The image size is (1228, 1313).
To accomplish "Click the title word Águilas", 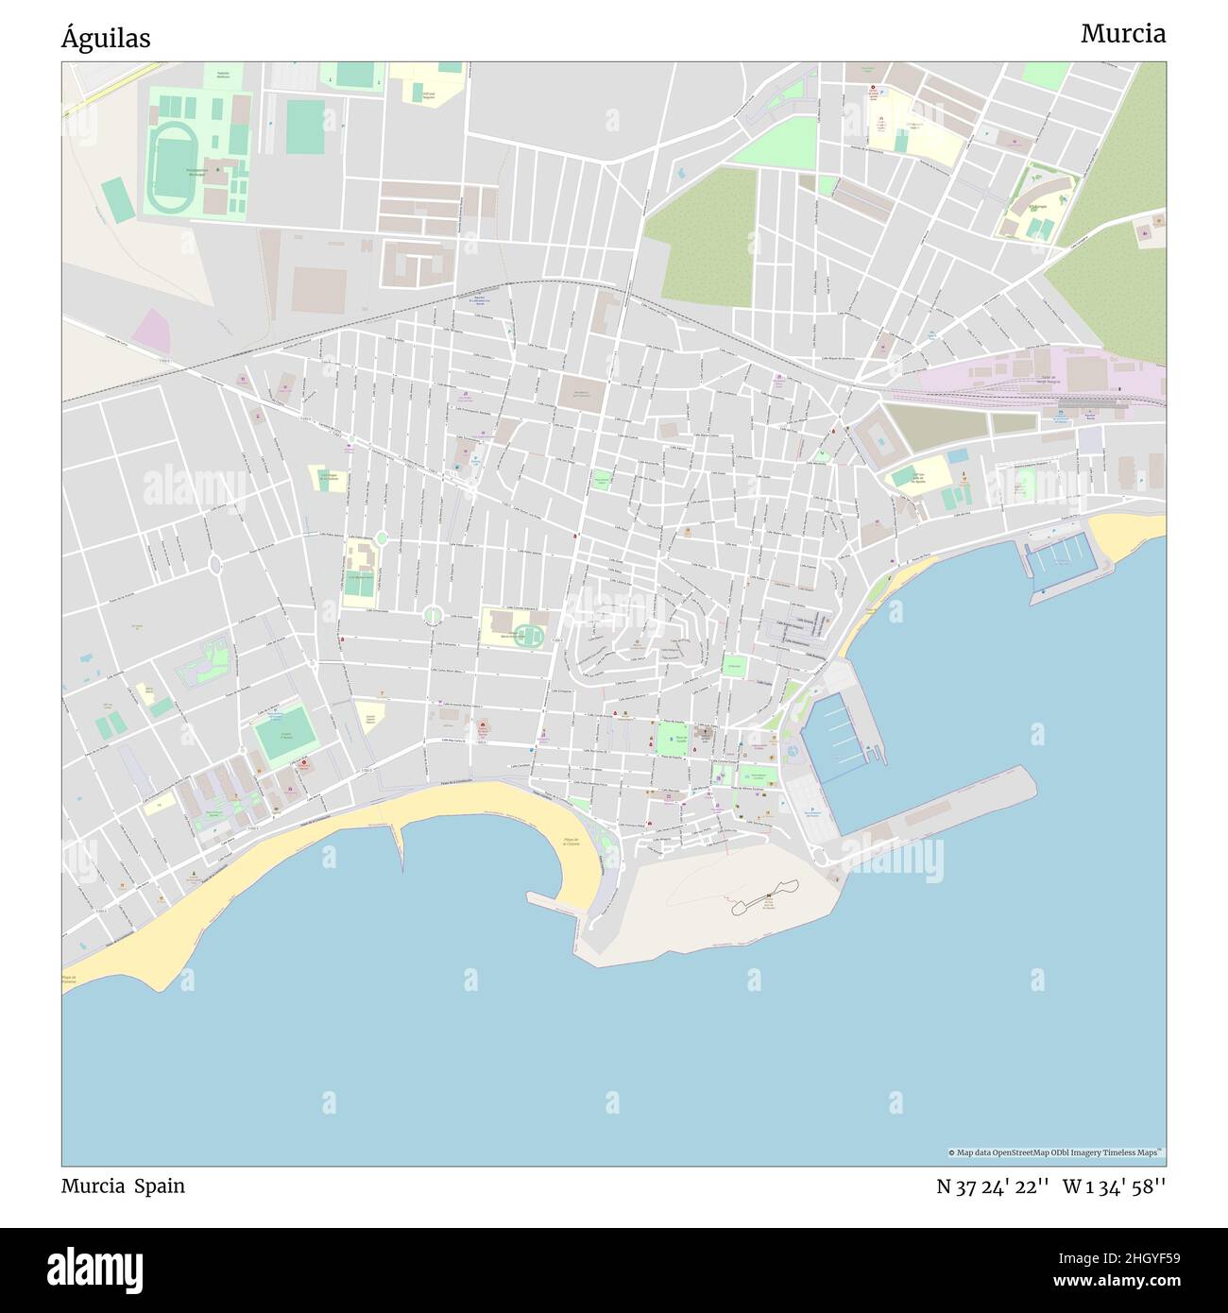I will tap(106, 39).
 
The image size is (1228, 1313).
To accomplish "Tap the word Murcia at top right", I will tap(1122, 34).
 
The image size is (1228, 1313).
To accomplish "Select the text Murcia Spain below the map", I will tap(123, 1186).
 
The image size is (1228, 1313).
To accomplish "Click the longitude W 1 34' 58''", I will tap(1114, 1186).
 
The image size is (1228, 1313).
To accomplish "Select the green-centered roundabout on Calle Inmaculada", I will tap(433, 616).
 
